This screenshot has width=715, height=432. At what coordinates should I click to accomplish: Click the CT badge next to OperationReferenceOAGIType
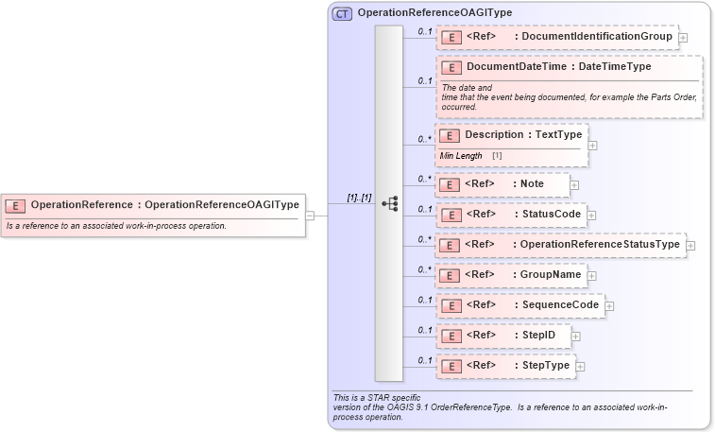pyautogui.click(x=342, y=14)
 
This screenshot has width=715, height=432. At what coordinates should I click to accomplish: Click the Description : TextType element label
pyautogui.click(x=523, y=135)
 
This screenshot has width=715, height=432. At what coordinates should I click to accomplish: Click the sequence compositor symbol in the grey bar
pyautogui.click(x=389, y=203)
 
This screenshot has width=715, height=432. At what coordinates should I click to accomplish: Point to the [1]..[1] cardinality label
pyautogui.click(x=359, y=198)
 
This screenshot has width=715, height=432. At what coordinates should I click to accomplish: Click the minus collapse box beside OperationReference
pyautogui.click(x=309, y=215)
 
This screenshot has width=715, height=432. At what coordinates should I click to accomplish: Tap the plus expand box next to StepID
pyautogui.click(x=575, y=336)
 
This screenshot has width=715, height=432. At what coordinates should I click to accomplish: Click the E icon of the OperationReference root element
pyautogui.click(x=16, y=205)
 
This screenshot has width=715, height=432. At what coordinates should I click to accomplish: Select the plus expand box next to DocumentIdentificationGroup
pyautogui.click(x=683, y=38)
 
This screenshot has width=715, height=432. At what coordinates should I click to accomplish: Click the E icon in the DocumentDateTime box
pyautogui.click(x=451, y=68)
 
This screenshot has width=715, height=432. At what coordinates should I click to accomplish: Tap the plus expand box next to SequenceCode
pyautogui.click(x=609, y=305)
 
